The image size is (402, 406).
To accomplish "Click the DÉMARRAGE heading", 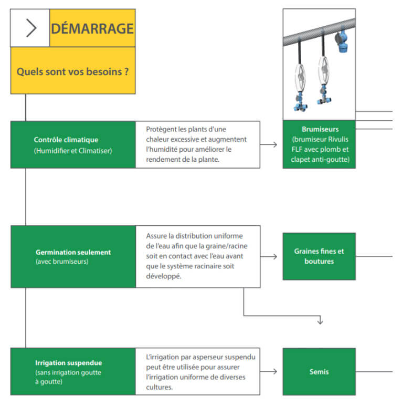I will pyautogui.click(x=92, y=28).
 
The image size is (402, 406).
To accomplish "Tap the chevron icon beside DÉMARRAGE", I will pyautogui.click(x=31, y=28).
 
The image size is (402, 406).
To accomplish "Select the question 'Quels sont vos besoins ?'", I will pyautogui.click(x=73, y=71).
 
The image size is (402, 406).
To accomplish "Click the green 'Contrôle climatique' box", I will pyautogui.click(x=73, y=145).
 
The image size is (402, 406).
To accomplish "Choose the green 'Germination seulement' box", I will pyautogui.click(x=73, y=256).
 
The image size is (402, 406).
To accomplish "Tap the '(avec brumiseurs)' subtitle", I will pyautogui.click(x=62, y=261).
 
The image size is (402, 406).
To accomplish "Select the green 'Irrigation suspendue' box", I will pyautogui.click(x=73, y=371).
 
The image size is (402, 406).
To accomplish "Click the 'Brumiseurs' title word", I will pyautogui.click(x=320, y=129).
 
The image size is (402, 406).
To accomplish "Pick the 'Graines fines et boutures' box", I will pyautogui.click(x=319, y=256).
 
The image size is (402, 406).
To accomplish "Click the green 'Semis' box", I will pyautogui.click(x=319, y=371).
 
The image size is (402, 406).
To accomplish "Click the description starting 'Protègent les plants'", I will pyautogui.click(x=197, y=144).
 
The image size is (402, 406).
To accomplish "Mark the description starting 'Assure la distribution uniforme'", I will pyautogui.click(x=197, y=256).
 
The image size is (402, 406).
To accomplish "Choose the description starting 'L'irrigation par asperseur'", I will pyautogui.click(x=197, y=371).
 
